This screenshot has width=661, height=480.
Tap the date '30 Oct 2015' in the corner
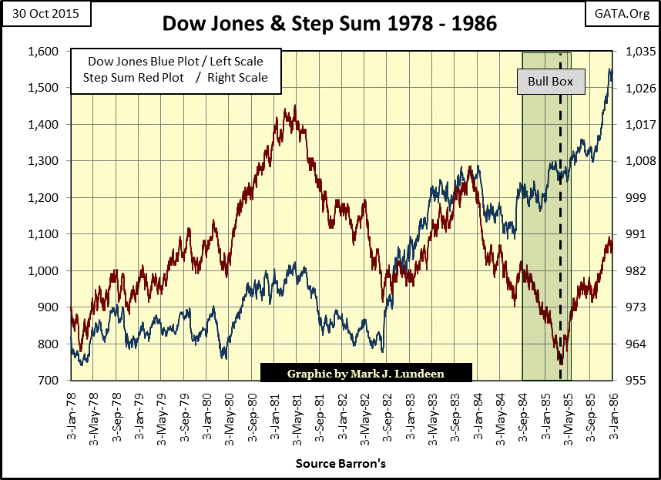(x=45, y=13)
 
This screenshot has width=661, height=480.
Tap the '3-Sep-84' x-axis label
(x=522, y=417)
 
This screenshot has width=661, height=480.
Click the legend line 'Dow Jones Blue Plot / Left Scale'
(x=175, y=61)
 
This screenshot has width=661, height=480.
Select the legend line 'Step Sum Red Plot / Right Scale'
(x=175, y=77)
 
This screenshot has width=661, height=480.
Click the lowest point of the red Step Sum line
(x=561, y=363)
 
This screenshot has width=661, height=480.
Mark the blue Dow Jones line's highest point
(x=610, y=69)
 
